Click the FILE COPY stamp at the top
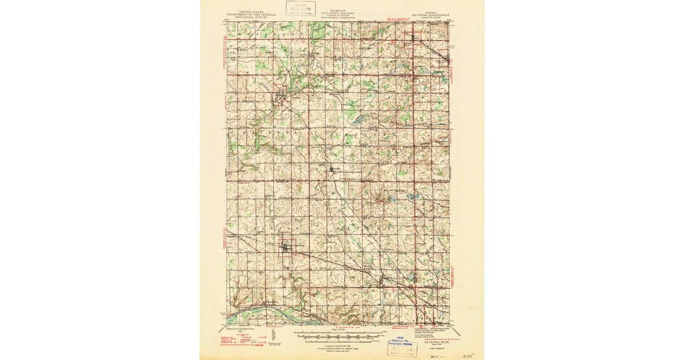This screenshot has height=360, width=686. point(301,9)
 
